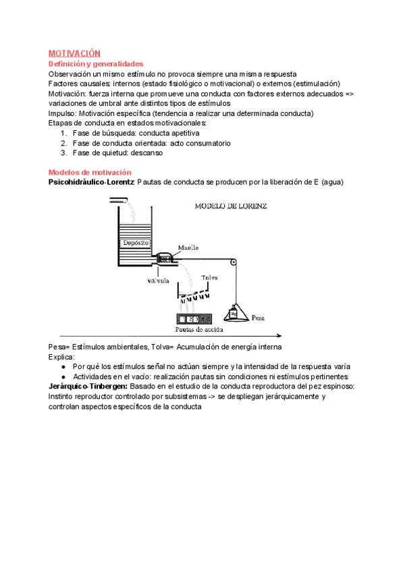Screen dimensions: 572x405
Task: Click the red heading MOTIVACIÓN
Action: point(74,53)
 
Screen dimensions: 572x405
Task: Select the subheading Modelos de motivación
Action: point(90,173)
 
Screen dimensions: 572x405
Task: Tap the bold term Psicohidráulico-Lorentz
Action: point(91,182)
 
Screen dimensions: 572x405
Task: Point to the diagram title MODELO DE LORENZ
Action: point(230,206)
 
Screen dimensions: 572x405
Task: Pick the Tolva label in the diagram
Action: point(210,277)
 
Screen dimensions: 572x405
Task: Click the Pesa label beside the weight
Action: point(259,316)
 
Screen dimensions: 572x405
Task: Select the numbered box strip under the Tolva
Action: point(194,318)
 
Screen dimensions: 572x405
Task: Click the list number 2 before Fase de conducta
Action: point(63,143)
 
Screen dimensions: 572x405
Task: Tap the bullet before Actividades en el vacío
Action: point(63,376)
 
